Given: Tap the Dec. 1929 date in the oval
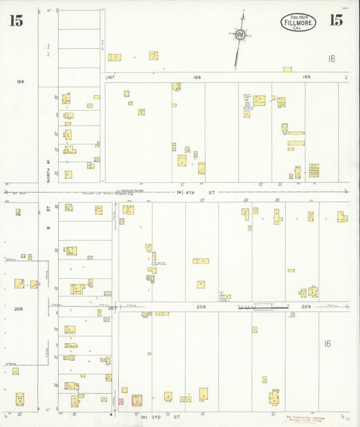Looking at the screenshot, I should click(x=297, y=18).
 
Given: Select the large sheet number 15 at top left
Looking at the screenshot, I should click(x=16, y=21).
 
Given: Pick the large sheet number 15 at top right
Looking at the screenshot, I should click(x=336, y=20).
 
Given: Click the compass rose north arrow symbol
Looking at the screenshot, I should click(x=240, y=34).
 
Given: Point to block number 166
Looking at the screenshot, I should click(x=20, y=82).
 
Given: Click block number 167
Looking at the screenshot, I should click(x=111, y=77).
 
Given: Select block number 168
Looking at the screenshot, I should click(x=197, y=77).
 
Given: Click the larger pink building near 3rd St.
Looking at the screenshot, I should click(x=136, y=399).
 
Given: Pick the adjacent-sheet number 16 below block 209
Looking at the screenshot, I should click(x=327, y=344).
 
